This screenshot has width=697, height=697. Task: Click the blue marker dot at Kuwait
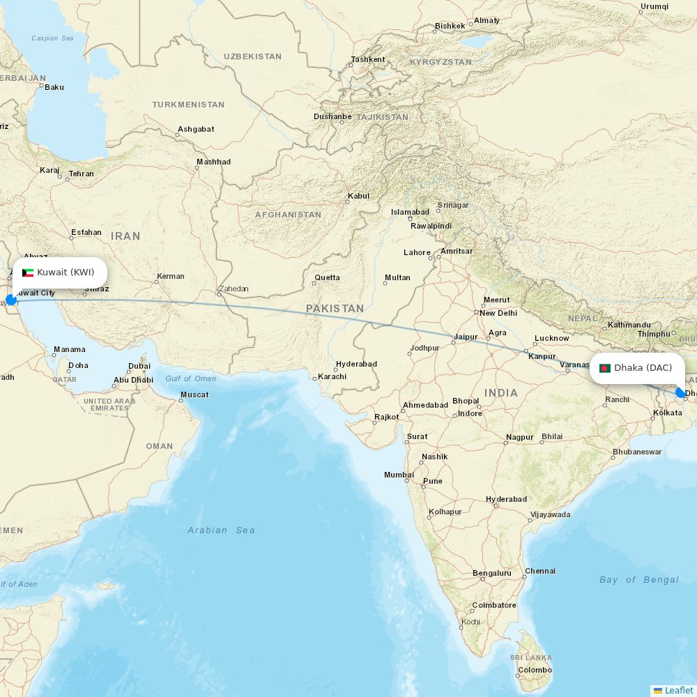tap(11, 300)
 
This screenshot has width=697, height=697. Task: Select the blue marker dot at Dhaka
tap(680, 393)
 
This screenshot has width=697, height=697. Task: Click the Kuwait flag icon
tap(28, 273)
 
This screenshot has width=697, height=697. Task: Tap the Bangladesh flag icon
tap(605, 368)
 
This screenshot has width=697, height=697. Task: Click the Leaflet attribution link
tap(678, 690)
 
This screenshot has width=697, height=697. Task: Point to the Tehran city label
tap(81, 174)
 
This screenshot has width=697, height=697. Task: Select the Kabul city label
tap(358, 197)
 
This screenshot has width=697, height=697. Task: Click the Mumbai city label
tap(399, 475)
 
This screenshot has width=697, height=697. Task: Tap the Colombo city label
tap(535, 671)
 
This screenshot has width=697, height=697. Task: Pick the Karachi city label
tap(332, 377)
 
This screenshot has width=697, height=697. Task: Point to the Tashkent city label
tap(368, 60)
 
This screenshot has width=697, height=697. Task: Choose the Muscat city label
tap(194, 395)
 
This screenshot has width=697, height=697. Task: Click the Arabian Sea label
tap(221, 530)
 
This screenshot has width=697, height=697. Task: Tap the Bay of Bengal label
tap(638, 580)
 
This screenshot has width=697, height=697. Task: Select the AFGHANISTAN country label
tap(288, 215)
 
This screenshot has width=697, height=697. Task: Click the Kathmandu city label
tap(629, 325)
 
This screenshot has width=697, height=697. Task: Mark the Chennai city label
tap(540, 572)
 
